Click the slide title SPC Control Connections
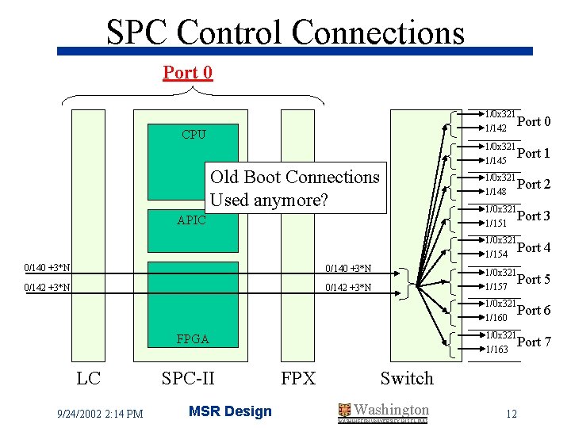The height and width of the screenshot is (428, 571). (285, 32)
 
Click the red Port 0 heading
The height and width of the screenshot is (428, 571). (188, 73)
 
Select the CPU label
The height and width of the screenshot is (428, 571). (194, 135)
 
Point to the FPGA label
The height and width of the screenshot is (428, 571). (193, 339)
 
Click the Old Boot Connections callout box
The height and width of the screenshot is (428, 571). (295, 189)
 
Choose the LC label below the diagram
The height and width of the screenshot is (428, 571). (88, 378)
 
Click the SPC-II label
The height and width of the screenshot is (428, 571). (188, 378)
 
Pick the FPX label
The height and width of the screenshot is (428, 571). (298, 378)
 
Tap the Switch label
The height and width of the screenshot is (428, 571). (407, 378)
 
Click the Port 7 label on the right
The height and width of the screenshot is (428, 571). (534, 342)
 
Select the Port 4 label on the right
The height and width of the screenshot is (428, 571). (534, 247)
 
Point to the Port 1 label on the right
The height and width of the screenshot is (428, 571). (534, 153)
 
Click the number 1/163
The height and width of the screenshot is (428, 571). (496, 349)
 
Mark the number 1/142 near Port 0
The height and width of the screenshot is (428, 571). (496, 128)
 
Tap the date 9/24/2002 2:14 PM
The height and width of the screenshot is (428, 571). (100, 412)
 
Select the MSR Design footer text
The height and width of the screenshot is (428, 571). (230, 411)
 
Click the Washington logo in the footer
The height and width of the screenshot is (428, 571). (383, 411)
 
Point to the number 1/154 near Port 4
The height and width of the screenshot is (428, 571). (496, 254)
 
